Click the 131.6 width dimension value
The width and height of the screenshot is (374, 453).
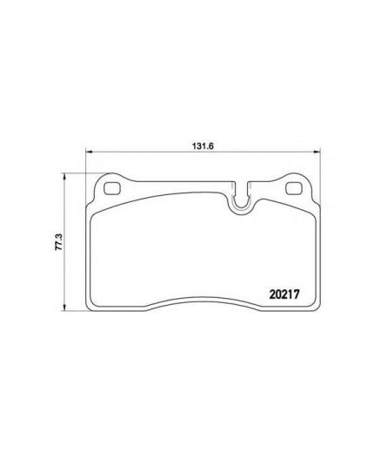coord(203,146)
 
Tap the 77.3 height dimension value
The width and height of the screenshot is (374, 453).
coord(59,242)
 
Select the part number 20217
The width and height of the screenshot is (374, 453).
coord(284,294)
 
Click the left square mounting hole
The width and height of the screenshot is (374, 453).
coord(112,188)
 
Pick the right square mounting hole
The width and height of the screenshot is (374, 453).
coord(293,188)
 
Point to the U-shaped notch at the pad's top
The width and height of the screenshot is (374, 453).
coord(240,200)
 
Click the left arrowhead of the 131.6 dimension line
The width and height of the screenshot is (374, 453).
coord(89,152)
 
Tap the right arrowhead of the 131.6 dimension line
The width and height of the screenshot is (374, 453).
coord(317,152)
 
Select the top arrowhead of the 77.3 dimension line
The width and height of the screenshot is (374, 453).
coord(64,176)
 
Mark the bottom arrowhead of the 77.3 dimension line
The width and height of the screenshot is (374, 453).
coord(64,308)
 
